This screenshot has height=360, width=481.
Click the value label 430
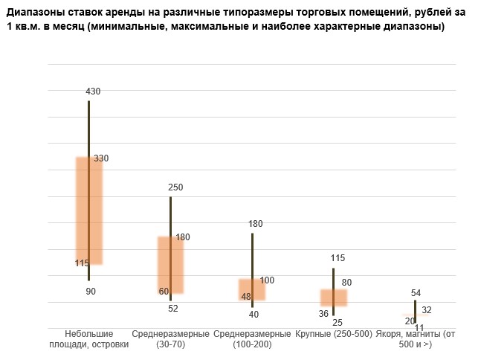(93, 91)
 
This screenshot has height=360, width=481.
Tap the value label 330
(101, 158)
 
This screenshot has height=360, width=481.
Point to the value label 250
(175, 187)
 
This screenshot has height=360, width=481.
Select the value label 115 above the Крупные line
(338, 258)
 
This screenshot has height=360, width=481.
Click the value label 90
(91, 292)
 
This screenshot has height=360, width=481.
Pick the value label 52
(173, 308)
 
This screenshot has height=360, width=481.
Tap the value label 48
(247, 297)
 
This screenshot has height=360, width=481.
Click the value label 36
(323, 314)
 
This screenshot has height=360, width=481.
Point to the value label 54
(416, 293)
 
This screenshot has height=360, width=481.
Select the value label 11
(419, 327)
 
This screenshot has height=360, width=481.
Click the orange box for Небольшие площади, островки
(89, 210)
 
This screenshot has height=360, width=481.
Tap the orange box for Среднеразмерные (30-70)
(170, 265)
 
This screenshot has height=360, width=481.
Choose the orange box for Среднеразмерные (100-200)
(252, 289)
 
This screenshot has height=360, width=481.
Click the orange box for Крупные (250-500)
(333, 298)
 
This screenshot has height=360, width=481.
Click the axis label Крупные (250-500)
(334, 335)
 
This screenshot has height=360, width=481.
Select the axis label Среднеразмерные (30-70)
(171, 339)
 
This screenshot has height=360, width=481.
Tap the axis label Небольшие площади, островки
(89, 339)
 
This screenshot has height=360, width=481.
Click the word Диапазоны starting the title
(37, 13)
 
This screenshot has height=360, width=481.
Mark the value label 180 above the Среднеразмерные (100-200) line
(256, 224)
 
